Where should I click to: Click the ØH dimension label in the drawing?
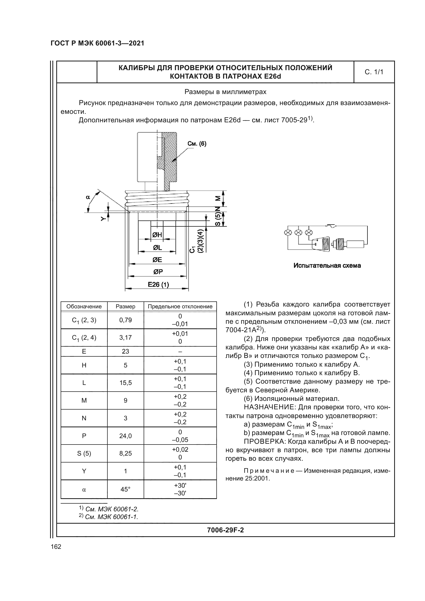click(x=157, y=235)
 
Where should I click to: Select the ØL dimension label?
click(x=157, y=247)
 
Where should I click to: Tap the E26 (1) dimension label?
click(x=158, y=284)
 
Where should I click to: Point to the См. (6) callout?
click(x=197, y=144)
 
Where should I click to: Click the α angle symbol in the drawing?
click(x=88, y=197)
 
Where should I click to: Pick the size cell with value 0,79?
click(x=125, y=320)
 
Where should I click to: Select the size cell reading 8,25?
click(x=125, y=453)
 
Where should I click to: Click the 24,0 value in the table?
click(x=125, y=436)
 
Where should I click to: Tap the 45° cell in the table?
click(x=125, y=489)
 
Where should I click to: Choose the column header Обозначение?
click(x=84, y=307)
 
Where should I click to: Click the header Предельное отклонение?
click(x=180, y=307)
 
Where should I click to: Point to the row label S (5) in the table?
click(x=84, y=453)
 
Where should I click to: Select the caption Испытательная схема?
click(x=327, y=266)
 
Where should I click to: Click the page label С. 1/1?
click(x=374, y=72)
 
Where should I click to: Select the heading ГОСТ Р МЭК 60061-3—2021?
click(x=97, y=43)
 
